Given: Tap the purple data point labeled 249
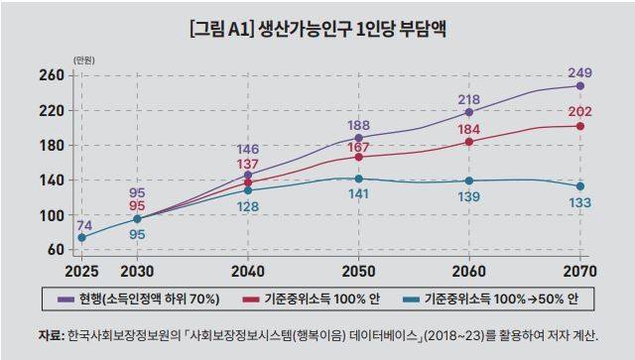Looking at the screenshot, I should click(x=579, y=86).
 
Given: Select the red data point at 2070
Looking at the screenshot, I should click(x=579, y=126).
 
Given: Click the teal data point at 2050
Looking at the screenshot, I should click(x=358, y=180).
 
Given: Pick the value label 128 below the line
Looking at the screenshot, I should click(x=248, y=206).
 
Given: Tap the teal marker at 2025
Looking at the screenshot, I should click(x=81, y=237).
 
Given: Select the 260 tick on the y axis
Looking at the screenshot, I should click(x=52, y=75).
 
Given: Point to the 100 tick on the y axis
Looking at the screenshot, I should click(x=52, y=215).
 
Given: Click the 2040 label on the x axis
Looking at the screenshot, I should click(x=248, y=272).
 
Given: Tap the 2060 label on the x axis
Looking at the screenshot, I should click(x=469, y=272).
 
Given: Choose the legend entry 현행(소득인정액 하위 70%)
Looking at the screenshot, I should click(x=155, y=298).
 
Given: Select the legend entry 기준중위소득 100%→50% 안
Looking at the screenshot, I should click(x=497, y=298).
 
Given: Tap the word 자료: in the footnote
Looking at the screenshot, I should click(x=50, y=334).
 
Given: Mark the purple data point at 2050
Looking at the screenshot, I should click(x=358, y=138).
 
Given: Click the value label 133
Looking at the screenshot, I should click(x=579, y=202).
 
